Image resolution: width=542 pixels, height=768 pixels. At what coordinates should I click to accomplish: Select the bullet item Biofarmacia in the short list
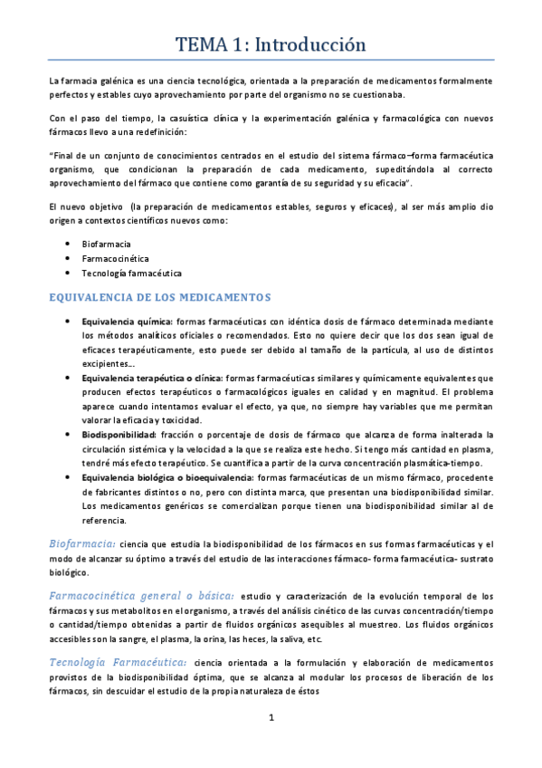pos(106,244)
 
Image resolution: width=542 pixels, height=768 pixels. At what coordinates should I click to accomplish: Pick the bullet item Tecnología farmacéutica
pos(131,273)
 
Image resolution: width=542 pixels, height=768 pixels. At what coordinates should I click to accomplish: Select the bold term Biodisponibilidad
pos(119,435)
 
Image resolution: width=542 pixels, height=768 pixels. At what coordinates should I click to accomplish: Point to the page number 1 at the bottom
pos(271,718)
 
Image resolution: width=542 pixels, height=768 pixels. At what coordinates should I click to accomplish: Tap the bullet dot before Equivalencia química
pos(71,322)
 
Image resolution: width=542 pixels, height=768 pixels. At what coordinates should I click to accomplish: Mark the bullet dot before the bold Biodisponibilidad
pos(71,435)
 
